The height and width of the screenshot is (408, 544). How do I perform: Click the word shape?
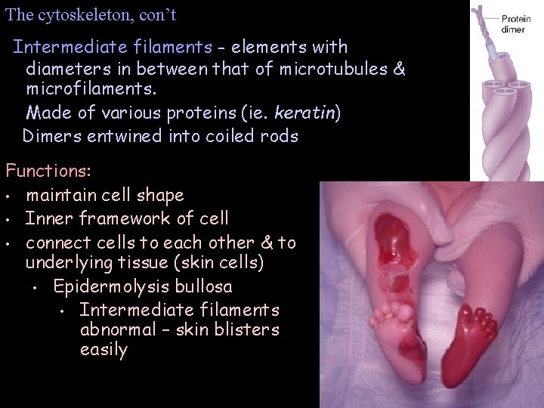click(x=160, y=195)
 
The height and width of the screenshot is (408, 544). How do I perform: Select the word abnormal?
click(x=116, y=329)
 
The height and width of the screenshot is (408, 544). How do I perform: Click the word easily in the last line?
click(x=104, y=350)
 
